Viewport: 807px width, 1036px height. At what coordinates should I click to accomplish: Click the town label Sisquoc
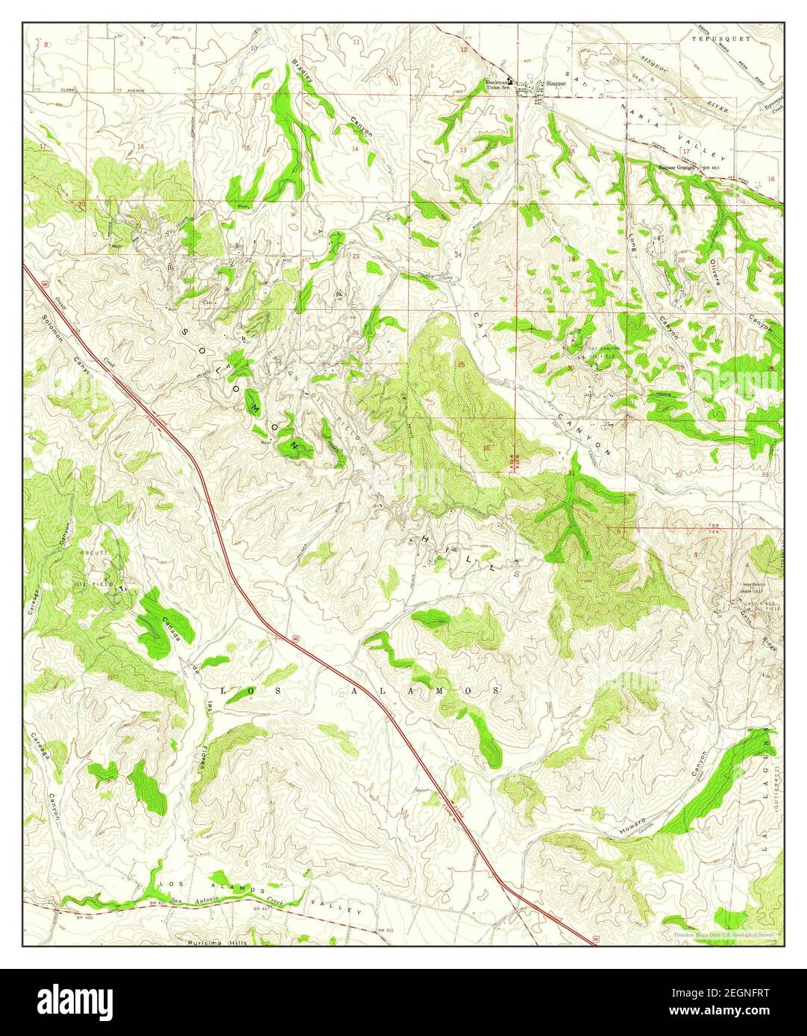tap(556, 83)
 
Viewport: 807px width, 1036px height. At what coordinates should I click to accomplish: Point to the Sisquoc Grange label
tap(676, 168)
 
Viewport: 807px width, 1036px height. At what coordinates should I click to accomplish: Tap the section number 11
tap(357, 42)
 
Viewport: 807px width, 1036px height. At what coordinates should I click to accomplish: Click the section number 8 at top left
tap(45, 45)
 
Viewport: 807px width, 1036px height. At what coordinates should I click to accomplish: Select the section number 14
tap(355, 148)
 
